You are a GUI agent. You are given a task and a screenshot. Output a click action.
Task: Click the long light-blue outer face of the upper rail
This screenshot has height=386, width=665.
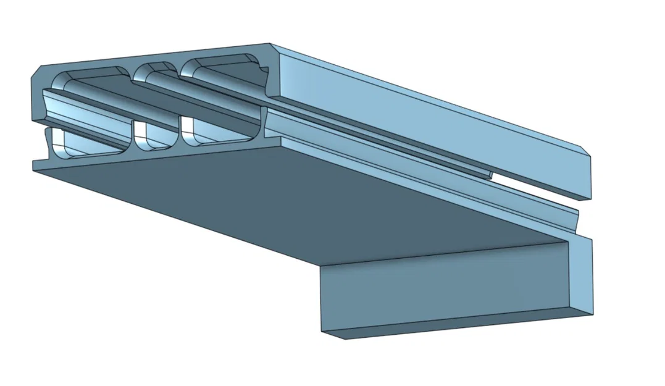(432, 111)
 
